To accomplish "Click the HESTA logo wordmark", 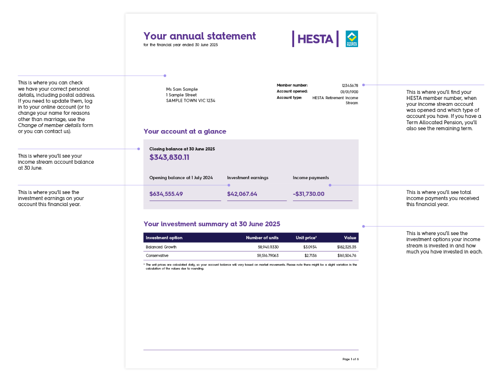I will [315, 39].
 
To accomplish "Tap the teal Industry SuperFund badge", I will [352, 39].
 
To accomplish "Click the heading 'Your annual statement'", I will [200, 36].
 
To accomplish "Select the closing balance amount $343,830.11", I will [169, 158].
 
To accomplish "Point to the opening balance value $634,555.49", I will [166, 194].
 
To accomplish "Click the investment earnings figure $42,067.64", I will [242, 194].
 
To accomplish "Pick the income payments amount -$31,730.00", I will [309, 194].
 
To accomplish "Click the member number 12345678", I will [350, 85].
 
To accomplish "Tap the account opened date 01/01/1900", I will [349, 92].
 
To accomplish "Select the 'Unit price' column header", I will [306, 238].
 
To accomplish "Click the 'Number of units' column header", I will [262, 238].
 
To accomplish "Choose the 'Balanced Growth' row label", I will [161, 247].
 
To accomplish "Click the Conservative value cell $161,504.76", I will [347, 256].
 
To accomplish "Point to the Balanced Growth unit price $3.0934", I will [310, 247].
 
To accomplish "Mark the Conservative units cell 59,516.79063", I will [268, 256].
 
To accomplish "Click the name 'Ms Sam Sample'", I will [182, 89].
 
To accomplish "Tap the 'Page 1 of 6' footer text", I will [351, 359].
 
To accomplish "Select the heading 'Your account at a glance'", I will [185, 132].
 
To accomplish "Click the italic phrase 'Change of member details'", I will [49, 125].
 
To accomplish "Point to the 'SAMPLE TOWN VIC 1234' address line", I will [191, 101].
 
